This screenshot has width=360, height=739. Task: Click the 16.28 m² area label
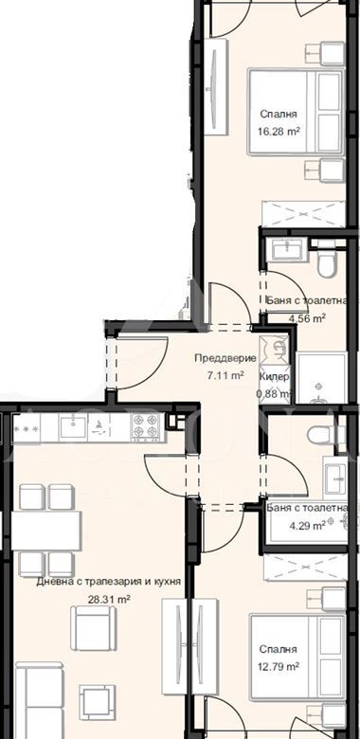[279, 131]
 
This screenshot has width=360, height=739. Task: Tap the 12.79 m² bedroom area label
[279, 667]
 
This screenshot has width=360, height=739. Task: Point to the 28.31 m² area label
[109, 600]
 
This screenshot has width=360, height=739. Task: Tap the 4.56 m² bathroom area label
[307, 318]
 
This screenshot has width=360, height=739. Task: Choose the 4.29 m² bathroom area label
[307, 525]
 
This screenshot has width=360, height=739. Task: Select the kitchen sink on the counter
[73, 426]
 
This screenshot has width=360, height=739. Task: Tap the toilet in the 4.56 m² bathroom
[326, 261]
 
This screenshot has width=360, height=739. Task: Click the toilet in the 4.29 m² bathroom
[322, 435]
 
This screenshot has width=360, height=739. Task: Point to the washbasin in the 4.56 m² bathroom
[288, 250]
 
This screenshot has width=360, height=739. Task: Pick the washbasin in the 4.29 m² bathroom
[335, 478]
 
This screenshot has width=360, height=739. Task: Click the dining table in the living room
[46, 531]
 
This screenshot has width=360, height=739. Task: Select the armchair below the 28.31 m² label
[93, 628]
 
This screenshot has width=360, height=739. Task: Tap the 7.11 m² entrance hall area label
[225, 375]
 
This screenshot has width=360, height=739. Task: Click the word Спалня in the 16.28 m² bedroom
[279, 114]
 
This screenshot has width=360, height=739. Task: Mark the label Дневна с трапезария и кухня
[109, 582]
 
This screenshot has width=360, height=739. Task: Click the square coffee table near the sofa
[97, 703]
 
